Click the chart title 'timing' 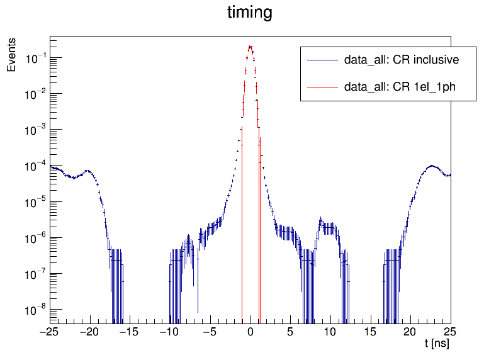coord(250,13)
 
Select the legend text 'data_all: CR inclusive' coord(401,60)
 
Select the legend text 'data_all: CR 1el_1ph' coord(400,87)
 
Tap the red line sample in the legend coord(322,87)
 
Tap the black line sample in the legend coord(322,60)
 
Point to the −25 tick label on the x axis coord(50,331)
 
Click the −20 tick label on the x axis coord(90,331)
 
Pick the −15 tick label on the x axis coord(130,331)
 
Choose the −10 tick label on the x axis coord(170,331)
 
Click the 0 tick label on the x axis coord(250,331)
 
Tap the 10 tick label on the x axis coord(330,331)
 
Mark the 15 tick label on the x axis coord(371,331)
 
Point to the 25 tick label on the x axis coord(451,331)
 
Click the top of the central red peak coord(250,46)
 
